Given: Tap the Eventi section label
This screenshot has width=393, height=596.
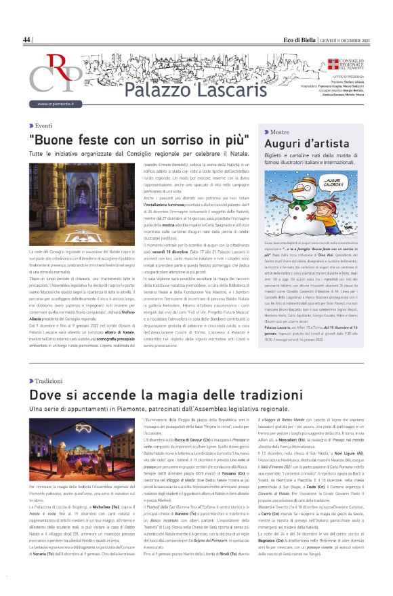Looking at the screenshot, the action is (43, 126).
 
